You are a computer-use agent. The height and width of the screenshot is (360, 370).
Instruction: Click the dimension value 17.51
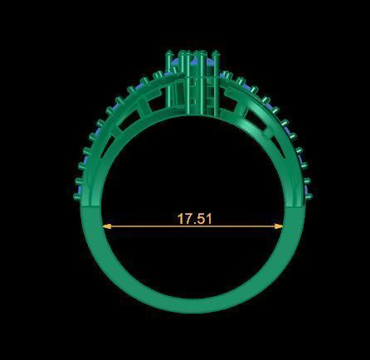coord(194,219)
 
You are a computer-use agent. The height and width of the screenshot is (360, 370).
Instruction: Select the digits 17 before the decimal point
coord(184,219)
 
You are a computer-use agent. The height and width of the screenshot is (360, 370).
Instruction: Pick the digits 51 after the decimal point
coord(204,219)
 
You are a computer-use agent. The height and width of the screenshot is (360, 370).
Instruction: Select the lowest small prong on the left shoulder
coord(76,192)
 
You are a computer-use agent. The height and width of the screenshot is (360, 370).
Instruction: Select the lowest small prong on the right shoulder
coord(309,192)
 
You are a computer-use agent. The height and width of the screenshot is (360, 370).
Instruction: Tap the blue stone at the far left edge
coord(77,196)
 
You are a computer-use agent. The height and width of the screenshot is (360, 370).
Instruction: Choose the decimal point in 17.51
coord(194,223)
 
